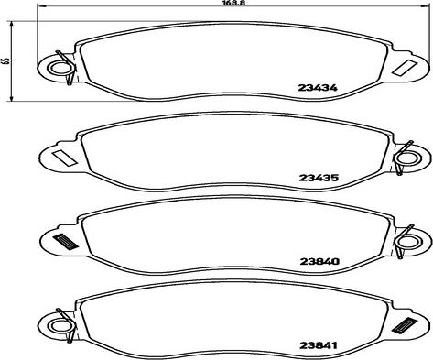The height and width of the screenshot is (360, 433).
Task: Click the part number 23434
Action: [318, 88]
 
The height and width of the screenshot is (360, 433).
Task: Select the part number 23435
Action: [319, 178]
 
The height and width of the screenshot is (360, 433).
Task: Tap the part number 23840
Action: [319, 262]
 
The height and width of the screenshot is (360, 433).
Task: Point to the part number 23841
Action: [319, 345]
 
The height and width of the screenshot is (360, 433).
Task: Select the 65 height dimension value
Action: [5, 60]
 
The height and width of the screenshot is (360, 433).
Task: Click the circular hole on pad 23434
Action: [59, 69]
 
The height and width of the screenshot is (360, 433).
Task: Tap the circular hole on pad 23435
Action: [406, 158]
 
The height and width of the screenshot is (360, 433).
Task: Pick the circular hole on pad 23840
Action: [406, 243]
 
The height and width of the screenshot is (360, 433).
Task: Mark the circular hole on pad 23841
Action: [60, 325]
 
